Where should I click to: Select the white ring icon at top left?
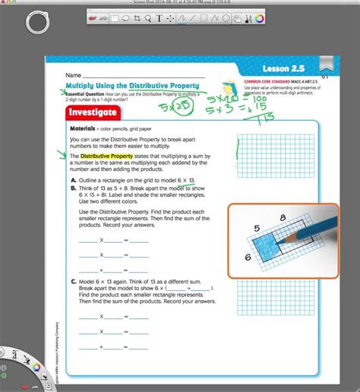[x=37, y=22]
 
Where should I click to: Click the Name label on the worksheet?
[x=73, y=76]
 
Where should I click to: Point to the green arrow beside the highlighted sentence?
[x=60, y=156]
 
